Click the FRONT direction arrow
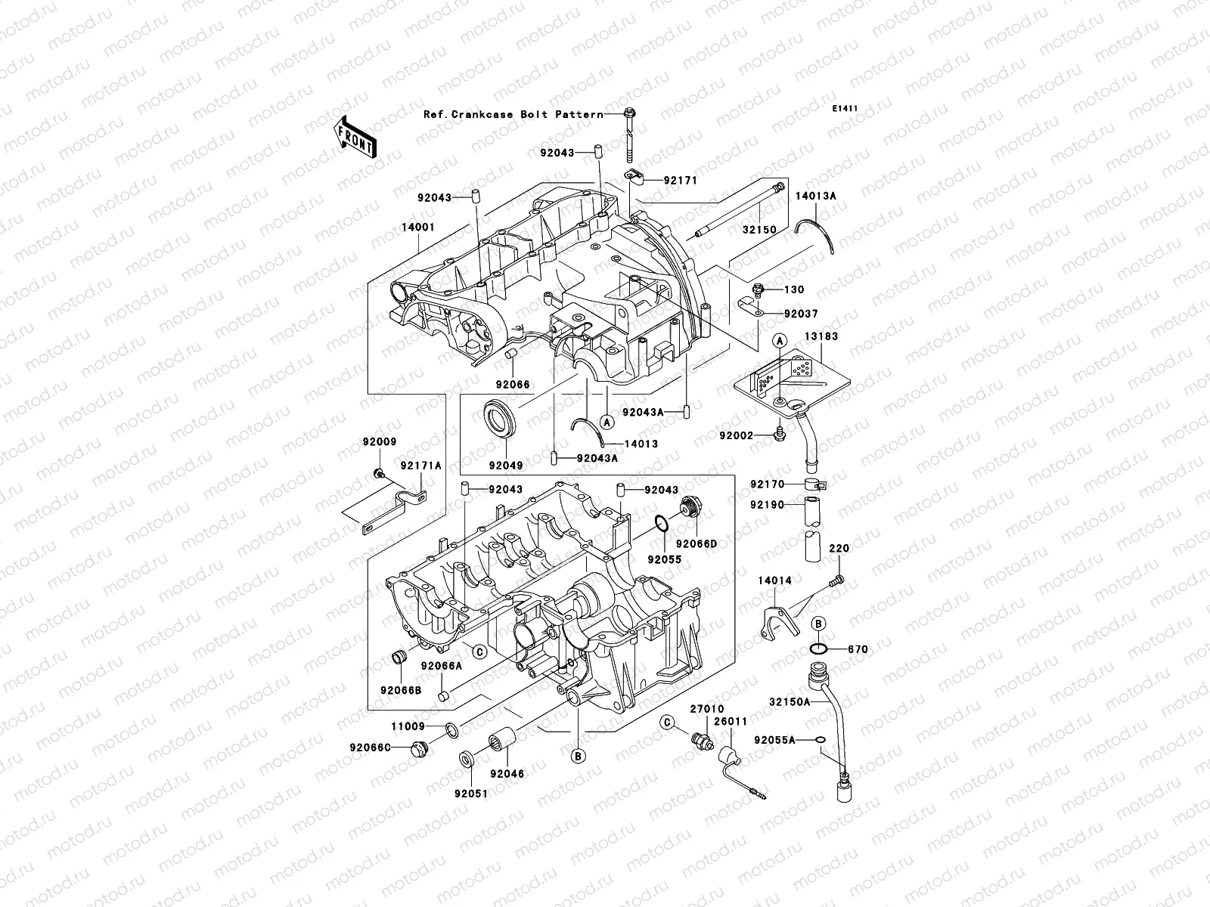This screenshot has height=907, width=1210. [x=355, y=137]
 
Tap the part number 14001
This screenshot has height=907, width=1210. [x=418, y=226]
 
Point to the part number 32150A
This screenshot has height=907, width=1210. [x=790, y=701]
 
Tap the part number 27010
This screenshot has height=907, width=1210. [x=706, y=709]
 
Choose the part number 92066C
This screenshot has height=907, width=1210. [x=370, y=748]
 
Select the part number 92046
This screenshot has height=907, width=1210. [x=507, y=774]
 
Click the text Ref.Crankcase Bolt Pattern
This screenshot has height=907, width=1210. [x=513, y=114]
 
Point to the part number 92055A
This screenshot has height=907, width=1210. [x=774, y=741]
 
